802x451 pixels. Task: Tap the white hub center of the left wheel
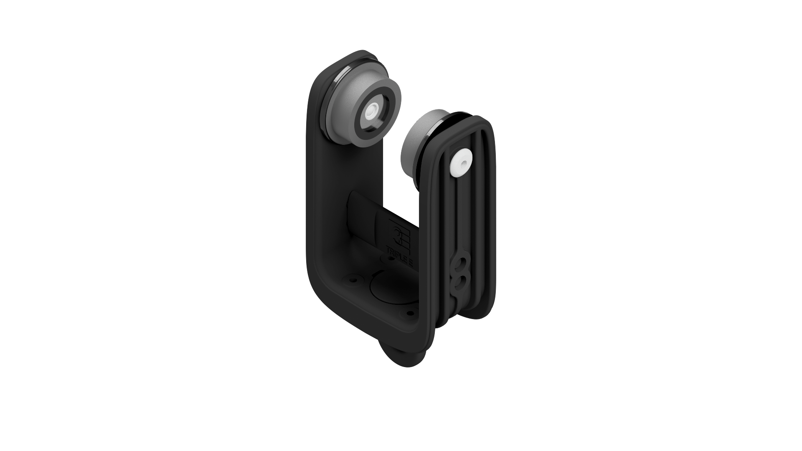[x=371, y=112]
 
